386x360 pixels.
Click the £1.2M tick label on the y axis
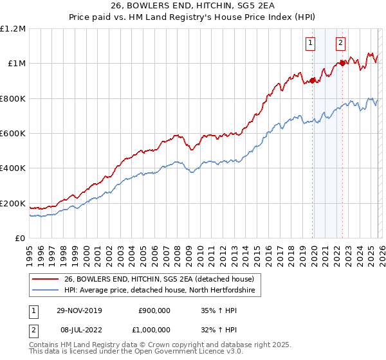tap(13, 29)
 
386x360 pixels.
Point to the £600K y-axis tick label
tap(13, 134)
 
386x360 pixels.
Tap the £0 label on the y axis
tap(20, 239)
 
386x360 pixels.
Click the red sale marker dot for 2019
tap(313, 80)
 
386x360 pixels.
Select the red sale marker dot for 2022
tap(342, 63)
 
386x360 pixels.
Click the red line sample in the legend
tap(46, 279)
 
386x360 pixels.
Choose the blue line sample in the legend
tap(46, 291)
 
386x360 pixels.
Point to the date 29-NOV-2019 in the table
tap(83, 310)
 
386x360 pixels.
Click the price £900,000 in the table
tap(154, 310)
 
